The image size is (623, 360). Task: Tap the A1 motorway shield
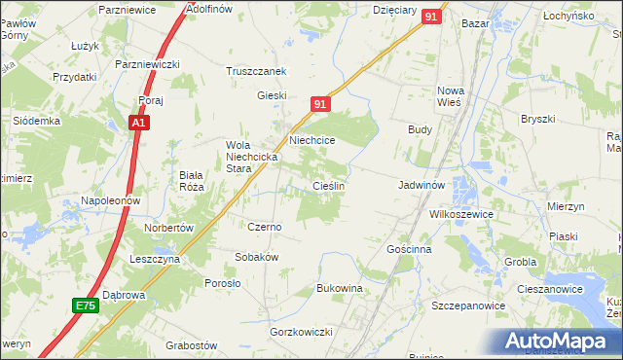pyautogui.click(x=140, y=123)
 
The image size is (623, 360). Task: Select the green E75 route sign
pyautogui.click(x=86, y=306)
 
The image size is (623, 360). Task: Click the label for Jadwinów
pyautogui.click(x=421, y=184)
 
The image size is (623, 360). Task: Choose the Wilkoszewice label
pyautogui.click(x=462, y=214)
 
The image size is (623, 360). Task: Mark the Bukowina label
pyautogui.click(x=340, y=289)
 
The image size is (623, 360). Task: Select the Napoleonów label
pyautogui.click(x=111, y=200)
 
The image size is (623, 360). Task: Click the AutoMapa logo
pyautogui.click(x=557, y=342)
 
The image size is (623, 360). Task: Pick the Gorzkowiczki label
pyautogui.click(x=302, y=333)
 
